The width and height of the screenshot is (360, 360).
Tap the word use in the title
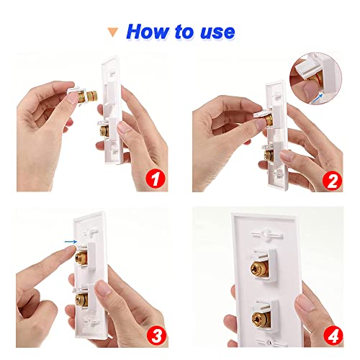[x=215, y=31]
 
